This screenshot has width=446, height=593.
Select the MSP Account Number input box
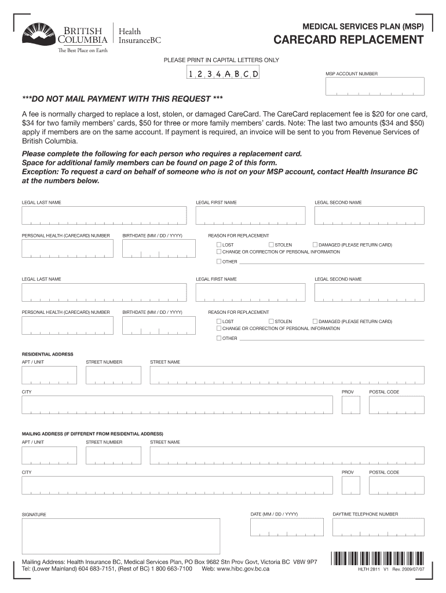click(x=374, y=86)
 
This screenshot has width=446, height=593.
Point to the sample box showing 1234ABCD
click(x=222, y=74)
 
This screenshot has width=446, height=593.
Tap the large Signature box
click(x=120, y=536)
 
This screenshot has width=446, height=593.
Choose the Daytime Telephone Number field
click(x=378, y=527)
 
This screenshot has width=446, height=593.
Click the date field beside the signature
click(x=287, y=527)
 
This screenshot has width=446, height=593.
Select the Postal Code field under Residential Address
click(x=397, y=405)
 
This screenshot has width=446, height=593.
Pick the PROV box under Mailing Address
click(x=350, y=485)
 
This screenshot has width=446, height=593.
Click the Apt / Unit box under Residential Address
click(x=49, y=375)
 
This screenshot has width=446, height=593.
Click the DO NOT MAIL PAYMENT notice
click(x=122, y=98)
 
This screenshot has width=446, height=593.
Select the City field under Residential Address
click(x=178, y=405)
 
